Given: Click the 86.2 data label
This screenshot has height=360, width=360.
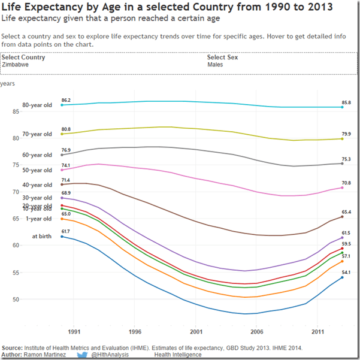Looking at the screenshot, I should pyautogui.click(x=66, y=100).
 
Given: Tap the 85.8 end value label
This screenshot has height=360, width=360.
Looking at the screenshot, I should pyautogui.click(x=346, y=102).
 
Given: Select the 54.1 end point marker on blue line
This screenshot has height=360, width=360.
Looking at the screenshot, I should pyautogui.click(x=342, y=277).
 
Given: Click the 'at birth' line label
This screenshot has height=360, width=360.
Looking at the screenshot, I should pyautogui.click(x=42, y=236).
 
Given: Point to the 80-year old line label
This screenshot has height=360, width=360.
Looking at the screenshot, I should pyautogui.click(x=37, y=105).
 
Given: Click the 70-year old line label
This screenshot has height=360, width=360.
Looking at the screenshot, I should pyautogui.click(x=37, y=134).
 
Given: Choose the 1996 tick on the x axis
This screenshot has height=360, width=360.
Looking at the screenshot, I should pyautogui.click(x=135, y=331).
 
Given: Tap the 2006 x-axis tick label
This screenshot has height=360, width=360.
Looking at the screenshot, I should pyautogui.click(x=256, y=331).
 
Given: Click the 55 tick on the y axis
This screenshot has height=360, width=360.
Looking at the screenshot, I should pyautogui.click(x=16, y=273).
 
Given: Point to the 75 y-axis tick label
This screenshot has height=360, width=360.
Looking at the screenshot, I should pyautogui.click(x=16, y=165).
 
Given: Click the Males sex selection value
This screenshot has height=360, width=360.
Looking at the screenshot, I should pyautogui.click(x=216, y=64).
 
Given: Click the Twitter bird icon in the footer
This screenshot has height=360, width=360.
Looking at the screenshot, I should pyautogui.click(x=82, y=355).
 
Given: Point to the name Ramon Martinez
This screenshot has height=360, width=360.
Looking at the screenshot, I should pyautogui.click(x=45, y=355).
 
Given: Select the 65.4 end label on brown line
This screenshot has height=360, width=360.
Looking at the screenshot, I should pyautogui.click(x=346, y=212).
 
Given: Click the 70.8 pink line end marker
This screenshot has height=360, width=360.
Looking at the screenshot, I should pyautogui.click(x=342, y=188).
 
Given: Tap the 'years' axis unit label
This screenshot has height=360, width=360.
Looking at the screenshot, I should pyautogui.click(x=8, y=84).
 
